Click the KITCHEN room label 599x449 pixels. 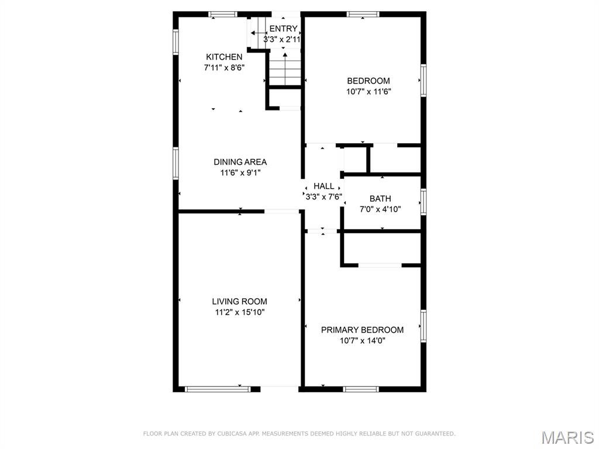[x=224, y=57]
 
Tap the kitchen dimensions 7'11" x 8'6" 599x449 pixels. [x=224, y=68]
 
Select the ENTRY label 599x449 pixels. [x=283, y=29]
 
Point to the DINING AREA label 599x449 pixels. [x=240, y=162]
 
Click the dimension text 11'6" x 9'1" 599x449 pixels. [x=240, y=172]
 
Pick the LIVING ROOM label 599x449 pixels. [x=239, y=301]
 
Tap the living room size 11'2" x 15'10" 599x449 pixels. [x=240, y=312]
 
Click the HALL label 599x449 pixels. [x=324, y=186]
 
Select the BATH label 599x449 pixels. [x=380, y=199]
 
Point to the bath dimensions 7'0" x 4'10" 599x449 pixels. [x=380, y=209]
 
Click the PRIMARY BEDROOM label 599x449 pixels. [x=362, y=330]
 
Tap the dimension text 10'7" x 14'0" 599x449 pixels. [x=363, y=341]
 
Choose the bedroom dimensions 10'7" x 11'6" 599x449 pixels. [x=369, y=92]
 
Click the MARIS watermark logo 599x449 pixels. [x=567, y=437]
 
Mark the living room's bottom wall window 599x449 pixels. [x=218, y=389]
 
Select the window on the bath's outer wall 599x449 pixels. [x=424, y=202]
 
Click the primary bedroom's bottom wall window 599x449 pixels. [x=361, y=389]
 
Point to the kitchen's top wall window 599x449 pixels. [x=223, y=15]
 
